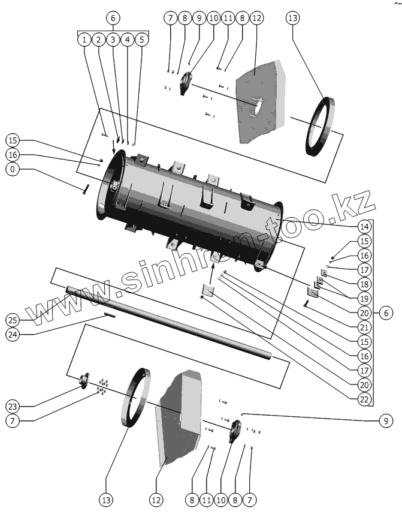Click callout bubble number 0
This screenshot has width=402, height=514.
pyautogui.click(x=12, y=170)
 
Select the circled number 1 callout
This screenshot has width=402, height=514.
pyautogui.click(x=84, y=40)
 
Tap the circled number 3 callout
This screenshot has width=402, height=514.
pyautogui.click(x=113, y=40)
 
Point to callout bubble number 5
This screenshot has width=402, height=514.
pyautogui.click(x=141, y=40)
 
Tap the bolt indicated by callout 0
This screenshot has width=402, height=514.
pyautogui.click(x=86, y=190)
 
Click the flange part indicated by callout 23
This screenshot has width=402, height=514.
pyautogui.click(x=83, y=379)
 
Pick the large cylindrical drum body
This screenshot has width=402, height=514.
pyautogui.click(x=192, y=204)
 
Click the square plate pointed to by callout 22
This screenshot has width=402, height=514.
pyautogui.click(x=208, y=291)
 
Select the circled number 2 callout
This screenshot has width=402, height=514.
pyautogui.click(x=99, y=40)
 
